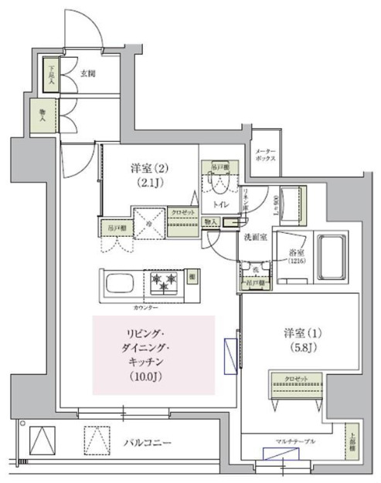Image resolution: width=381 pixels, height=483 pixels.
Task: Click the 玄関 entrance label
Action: pos(87,74)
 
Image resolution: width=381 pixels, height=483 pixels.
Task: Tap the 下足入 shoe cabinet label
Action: pos(52,73)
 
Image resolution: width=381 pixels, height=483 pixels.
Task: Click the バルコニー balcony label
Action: pos(148,442)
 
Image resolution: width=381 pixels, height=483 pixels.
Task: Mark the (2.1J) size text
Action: pos(147,183)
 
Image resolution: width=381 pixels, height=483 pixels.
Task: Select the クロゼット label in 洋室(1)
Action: pos(292,378)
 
